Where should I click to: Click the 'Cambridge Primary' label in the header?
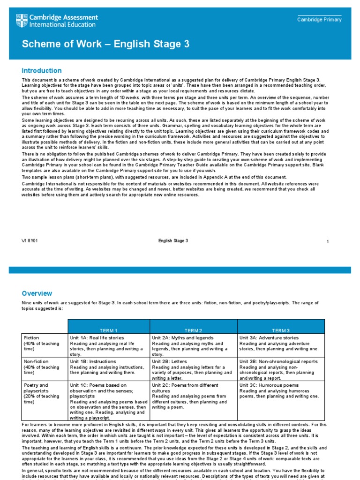320,20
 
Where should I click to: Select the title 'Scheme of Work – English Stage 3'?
105,44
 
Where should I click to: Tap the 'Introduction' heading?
42,71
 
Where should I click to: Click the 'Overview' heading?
37,293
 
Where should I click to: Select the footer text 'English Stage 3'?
173,241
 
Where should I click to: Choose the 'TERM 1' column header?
109,330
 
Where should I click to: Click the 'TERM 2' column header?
194,330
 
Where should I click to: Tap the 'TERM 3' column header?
281,330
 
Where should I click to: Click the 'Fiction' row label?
31,338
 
